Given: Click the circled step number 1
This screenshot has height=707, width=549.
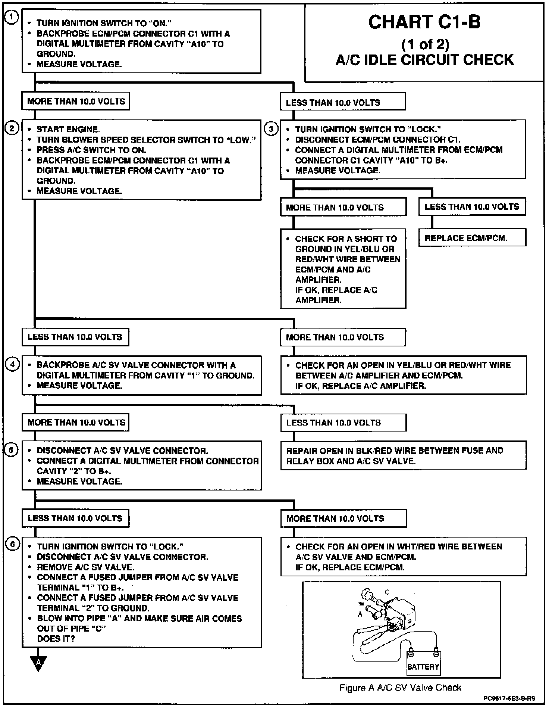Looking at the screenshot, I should pos(12,18).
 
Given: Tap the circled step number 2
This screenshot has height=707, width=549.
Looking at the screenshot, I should pos(12,129).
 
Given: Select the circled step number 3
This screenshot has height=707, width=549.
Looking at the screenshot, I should pos(271,129).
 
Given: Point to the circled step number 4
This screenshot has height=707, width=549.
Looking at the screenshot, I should pos(12,364).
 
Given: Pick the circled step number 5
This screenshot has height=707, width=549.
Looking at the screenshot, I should pos(11,450).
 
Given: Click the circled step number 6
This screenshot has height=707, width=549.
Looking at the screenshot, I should pos(12,545).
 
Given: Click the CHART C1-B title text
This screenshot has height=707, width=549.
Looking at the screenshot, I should pos(424,22).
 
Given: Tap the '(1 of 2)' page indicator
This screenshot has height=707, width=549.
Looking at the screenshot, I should pos(425,44).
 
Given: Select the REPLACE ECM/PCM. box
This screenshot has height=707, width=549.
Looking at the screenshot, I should pos(472,238).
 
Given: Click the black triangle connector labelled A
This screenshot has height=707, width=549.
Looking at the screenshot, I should pos(38,663).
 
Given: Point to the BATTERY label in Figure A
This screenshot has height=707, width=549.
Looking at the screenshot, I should pos(423,666).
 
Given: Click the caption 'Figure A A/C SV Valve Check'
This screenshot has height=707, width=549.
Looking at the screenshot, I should pos(400,688).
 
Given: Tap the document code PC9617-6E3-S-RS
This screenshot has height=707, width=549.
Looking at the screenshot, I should pos(509,698).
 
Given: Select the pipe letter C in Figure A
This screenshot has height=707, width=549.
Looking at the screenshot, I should pos(387,592).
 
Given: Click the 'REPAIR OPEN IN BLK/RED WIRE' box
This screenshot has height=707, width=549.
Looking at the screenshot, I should pos(403,455).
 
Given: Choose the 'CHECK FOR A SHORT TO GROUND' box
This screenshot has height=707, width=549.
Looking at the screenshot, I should pos(343,269).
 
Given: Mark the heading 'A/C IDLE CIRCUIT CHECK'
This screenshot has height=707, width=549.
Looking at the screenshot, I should pos(424,60).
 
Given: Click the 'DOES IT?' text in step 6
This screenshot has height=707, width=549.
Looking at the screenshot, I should pos(56,639).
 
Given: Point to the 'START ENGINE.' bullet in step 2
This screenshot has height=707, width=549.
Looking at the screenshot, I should pos(68,130).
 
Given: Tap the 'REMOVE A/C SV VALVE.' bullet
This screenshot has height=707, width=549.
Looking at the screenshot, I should pos(85,567).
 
